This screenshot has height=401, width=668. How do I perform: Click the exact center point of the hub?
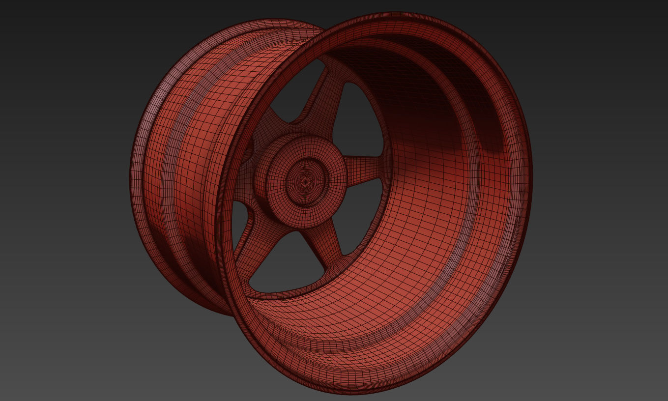tap(306, 182)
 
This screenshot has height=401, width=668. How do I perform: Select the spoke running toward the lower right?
tap(324, 246)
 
